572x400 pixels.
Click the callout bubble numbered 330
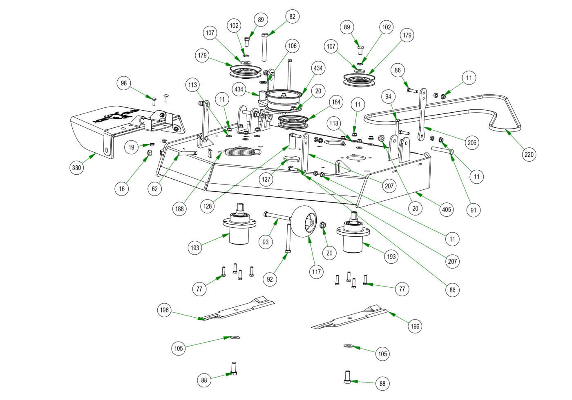pos(77,167)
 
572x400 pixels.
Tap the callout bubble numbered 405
pos(447,209)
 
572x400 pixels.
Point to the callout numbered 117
pos(317,271)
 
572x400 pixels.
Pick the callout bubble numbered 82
pos(292,16)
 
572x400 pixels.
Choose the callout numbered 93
pos(266,242)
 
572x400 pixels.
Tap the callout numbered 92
pos(269,280)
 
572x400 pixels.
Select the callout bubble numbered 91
pos(474,210)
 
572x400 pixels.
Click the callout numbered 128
pos(208,206)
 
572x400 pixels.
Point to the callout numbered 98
pos(124,84)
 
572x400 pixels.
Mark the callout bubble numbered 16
pos(122,189)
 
